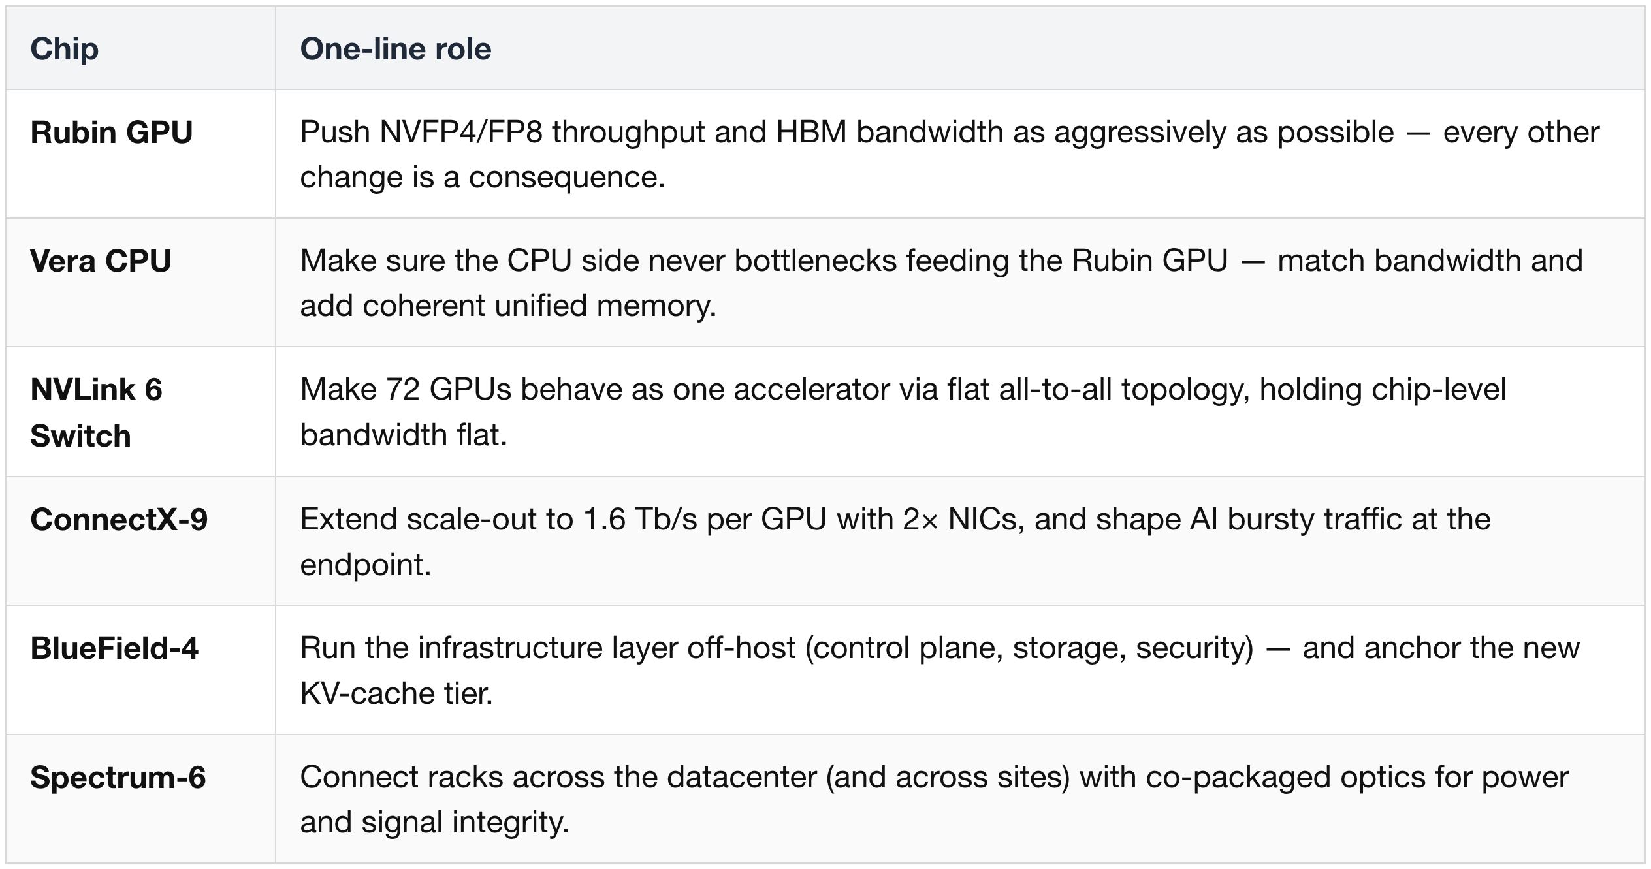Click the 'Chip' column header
[64, 49]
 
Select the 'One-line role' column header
[395, 49]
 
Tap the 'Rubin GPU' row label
[112, 133]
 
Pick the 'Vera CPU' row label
[101, 261]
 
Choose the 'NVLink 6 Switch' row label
[96, 413]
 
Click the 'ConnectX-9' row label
[119, 520]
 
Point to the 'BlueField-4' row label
[114, 648]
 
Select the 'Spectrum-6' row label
[118, 778]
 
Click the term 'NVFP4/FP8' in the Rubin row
[460, 133]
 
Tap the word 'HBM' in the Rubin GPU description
[811, 133]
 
